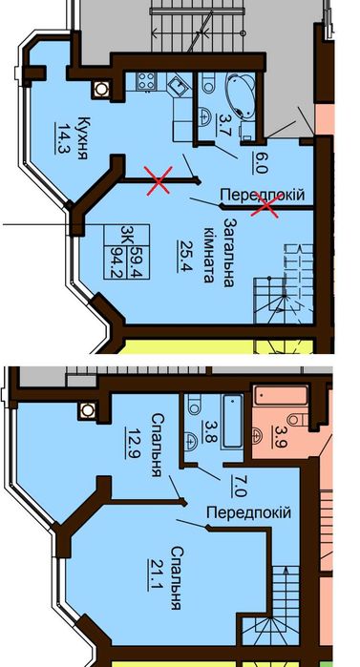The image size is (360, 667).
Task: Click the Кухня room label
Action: point(83,137)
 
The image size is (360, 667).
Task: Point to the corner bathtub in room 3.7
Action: point(239,94)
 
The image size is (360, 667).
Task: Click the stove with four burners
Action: point(145,80)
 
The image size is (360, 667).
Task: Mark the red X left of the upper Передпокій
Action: point(159,180)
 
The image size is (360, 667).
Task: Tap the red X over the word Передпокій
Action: point(265,204)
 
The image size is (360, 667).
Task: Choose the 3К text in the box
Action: point(126,235)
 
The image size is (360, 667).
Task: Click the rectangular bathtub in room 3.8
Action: point(233,421)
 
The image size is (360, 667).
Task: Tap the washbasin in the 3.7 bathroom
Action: point(205,115)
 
